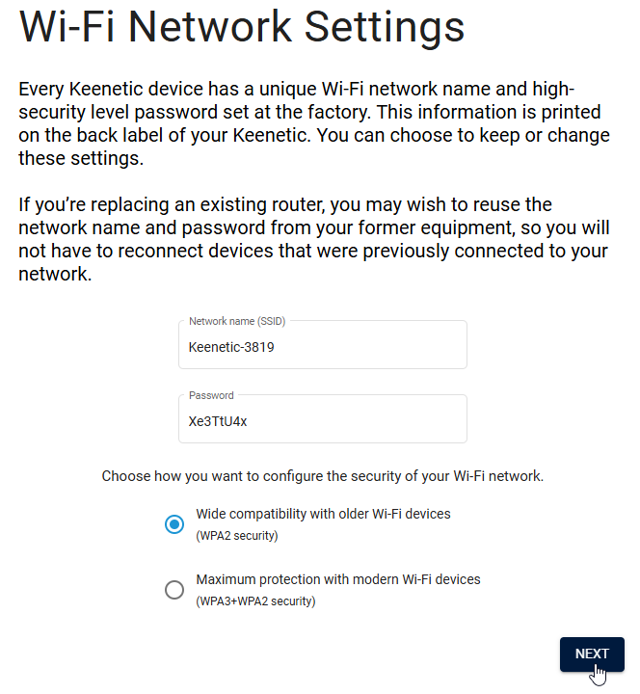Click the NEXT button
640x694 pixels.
(x=592, y=654)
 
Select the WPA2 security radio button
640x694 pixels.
(x=174, y=524)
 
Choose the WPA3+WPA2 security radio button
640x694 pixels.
(x=174, y=590)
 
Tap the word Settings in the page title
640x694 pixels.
(x=385, y=27)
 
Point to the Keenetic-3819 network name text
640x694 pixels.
(x=231, y=347)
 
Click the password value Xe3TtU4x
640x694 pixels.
(x=218, y=421)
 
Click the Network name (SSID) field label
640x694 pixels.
(x=237, y=321)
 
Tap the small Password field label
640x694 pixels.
(x=211, y=396)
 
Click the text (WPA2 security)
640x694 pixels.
(x=237, y=536)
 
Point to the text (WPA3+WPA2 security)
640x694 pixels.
(x=255, y=601)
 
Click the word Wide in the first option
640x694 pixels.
(x=210, y=514)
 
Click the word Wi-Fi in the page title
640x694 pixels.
(x=67, y=27)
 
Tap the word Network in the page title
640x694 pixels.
(x=210, y=27)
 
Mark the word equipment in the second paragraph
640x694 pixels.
(x=467, y=228)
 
